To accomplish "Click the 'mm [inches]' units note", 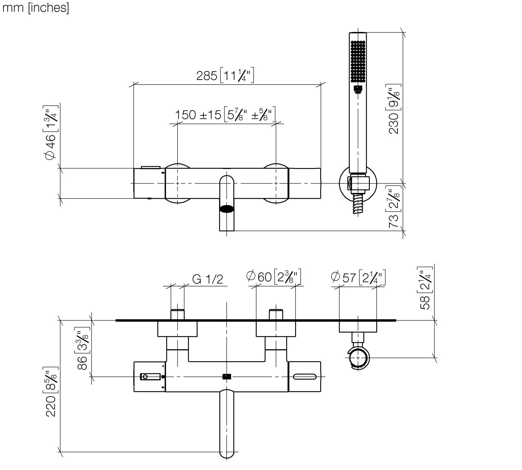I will click(35, 7).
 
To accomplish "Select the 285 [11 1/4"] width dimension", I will click(225, 75).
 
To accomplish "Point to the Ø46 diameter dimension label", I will click(50, 132).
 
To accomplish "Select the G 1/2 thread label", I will click(207, 279).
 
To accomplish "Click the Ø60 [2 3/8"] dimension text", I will click(273, 277).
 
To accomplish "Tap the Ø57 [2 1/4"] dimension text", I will click(358, 277).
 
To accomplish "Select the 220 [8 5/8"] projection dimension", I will click(51, 391).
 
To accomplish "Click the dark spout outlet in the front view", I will click(227, 209).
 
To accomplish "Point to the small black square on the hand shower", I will click(358, 89).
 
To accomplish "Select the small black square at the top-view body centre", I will click(227, 376).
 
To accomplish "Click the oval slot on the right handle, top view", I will click(305, 376).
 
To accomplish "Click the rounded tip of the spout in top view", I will click(227, 452).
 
